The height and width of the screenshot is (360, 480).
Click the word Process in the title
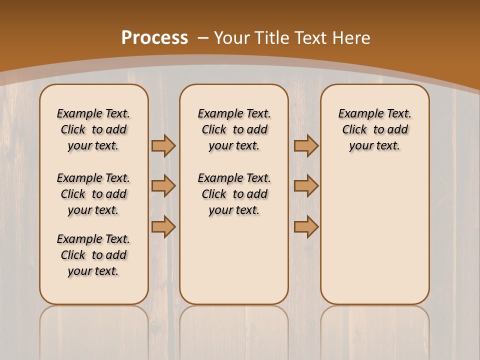click(154, 37)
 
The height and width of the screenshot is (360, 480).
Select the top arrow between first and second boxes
click(163, 145)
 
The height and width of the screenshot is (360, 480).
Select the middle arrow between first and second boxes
click(163, 186)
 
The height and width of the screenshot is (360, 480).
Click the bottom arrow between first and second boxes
click(163, 226)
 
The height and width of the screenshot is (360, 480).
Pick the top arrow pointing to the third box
click(306, 145)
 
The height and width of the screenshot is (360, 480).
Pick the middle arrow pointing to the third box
click(306, 186)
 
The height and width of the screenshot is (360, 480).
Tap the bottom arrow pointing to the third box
click(306, 226)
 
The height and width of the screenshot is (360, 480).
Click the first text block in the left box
click(93, 129)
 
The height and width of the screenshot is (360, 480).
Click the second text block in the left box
click(93, 194)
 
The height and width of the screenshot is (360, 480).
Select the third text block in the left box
click(93, 255)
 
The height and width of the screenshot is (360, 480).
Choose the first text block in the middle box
click(234, 129)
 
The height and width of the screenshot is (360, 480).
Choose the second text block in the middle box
click(234, 194)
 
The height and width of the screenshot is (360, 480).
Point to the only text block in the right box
click(375, 129)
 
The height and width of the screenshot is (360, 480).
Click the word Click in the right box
click(354, 129)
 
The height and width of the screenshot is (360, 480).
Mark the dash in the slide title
click(203, 37)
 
